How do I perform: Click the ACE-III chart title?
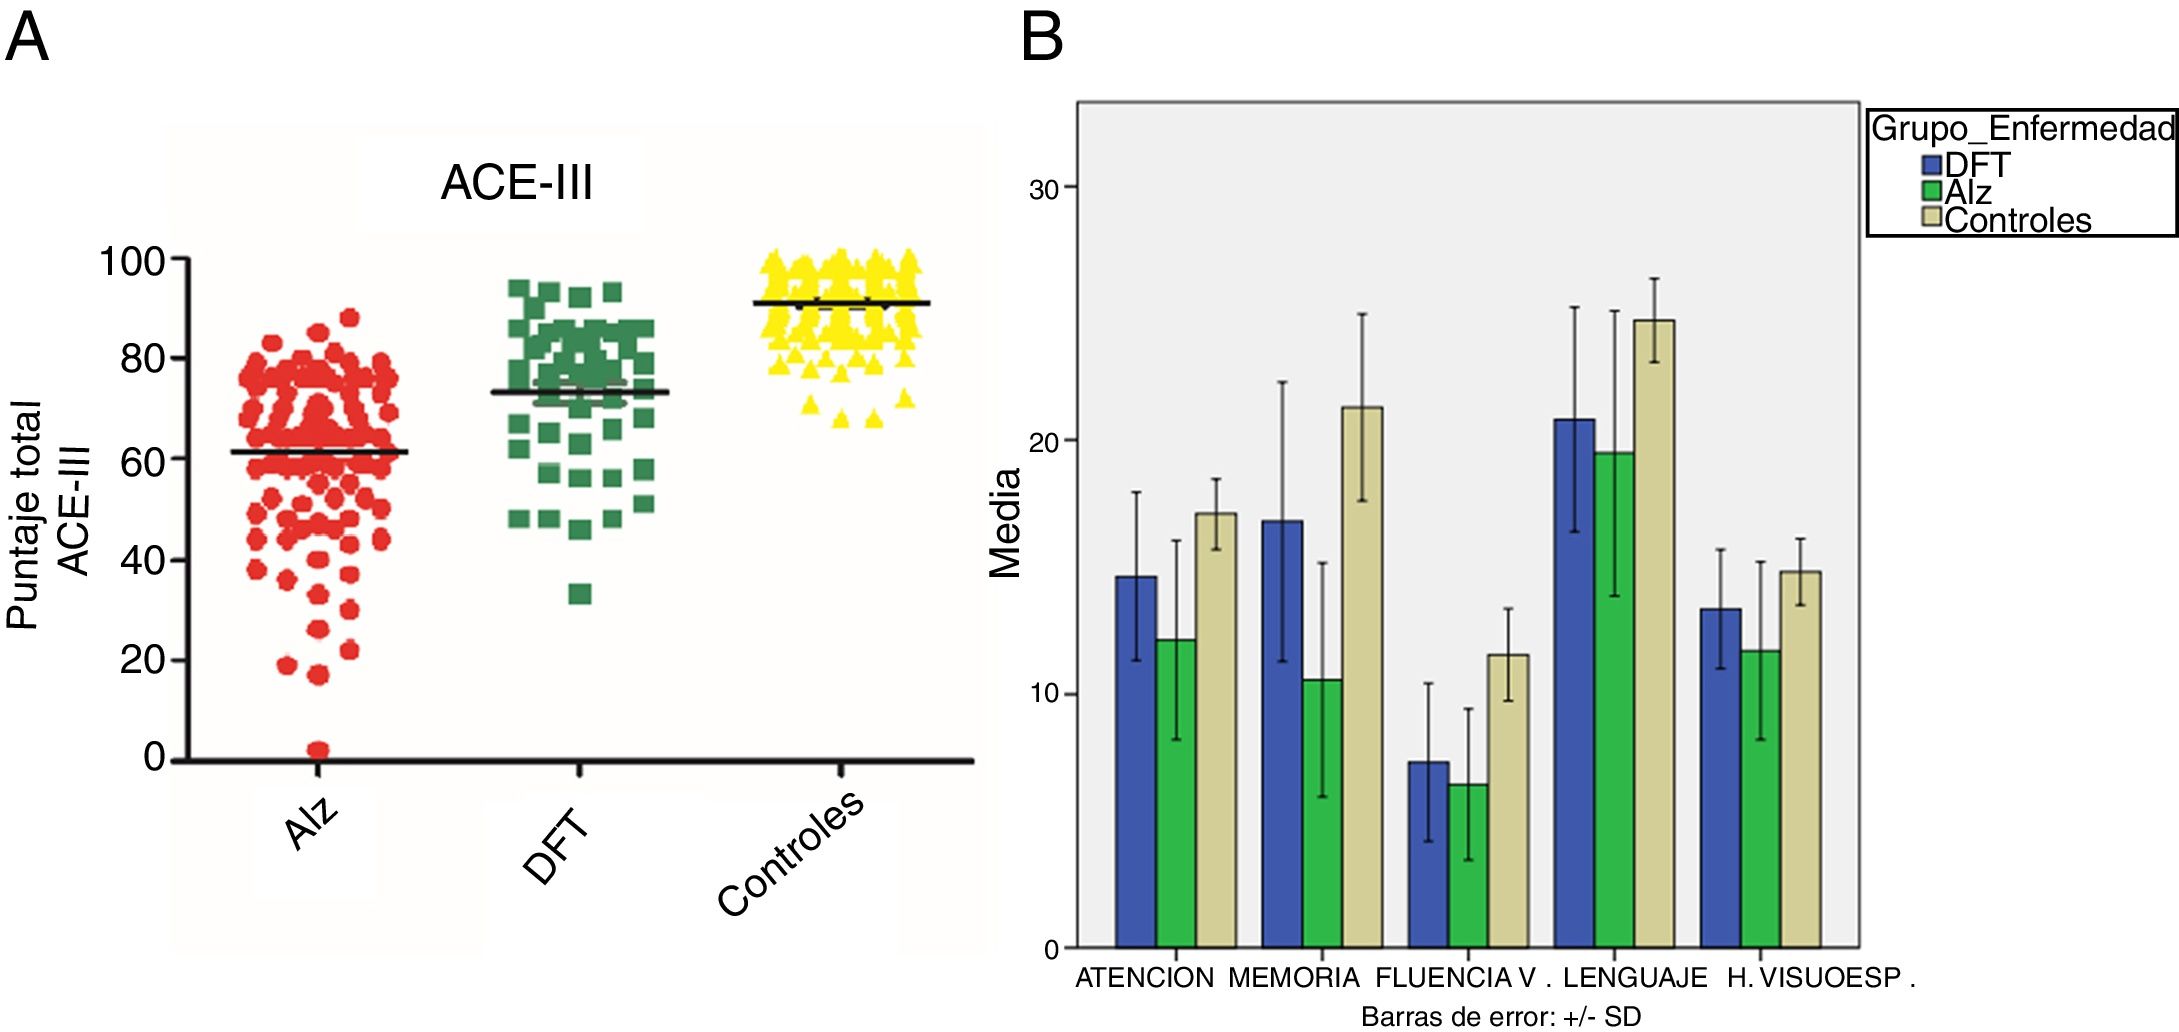pos(517,183)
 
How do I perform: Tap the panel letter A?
pos(27,38)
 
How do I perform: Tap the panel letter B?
pos(1041,38)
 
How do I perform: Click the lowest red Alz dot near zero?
pos(318,750)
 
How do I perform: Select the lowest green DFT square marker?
pos(580,594)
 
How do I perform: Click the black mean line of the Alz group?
pos(319,452)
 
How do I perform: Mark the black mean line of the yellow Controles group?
pos(841,302)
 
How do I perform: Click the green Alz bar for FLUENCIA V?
pos(1468,865)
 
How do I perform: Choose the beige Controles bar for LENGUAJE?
pos(1654,633)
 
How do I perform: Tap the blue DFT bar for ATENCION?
pos(1136,761)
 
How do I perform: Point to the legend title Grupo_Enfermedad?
pos(2022,128)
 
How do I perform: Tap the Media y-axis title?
pos(1005,522)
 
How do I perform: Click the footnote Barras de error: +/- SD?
pos(1500,1016)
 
